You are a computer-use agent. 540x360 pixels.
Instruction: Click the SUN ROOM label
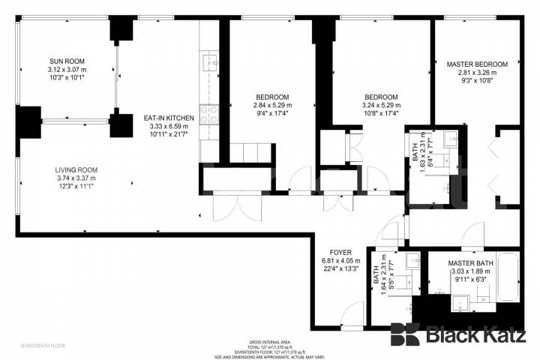(x=67, y=61)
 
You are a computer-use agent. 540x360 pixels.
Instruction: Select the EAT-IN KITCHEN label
(x=169, y=118)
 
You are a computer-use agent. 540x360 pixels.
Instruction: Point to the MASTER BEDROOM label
(x=477, y=64)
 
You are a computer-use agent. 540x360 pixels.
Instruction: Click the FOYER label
(x=341, y=252)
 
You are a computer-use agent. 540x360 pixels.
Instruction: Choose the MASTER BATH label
(x=470, y=263)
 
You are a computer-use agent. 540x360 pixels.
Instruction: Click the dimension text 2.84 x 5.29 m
(x=272, y=106)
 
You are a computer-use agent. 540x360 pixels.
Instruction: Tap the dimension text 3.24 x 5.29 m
(x=381, y=106)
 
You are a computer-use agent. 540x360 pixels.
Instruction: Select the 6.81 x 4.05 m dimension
(x=341, y=260)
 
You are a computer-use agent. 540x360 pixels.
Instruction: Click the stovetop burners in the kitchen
(x=209, y=115)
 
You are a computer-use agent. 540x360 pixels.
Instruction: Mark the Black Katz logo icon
(x=405, y=334)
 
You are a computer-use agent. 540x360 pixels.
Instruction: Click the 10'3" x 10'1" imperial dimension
(x=67, y=77)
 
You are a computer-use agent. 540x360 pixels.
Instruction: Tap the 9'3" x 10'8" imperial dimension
(x=477, y=81)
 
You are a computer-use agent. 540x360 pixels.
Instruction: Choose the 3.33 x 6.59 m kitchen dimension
(x=169, y=127)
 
